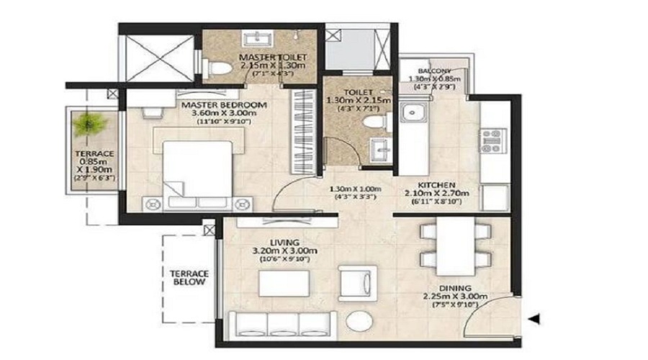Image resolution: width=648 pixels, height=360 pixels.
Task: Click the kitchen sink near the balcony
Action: coord(413,112)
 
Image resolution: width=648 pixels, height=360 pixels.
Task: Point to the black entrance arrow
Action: coord(534,318)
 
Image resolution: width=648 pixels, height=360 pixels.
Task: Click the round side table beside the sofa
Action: coord(358,321)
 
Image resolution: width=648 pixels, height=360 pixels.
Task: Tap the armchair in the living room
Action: coord(357,281)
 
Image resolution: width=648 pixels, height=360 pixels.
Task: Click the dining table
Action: coord(454,245)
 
